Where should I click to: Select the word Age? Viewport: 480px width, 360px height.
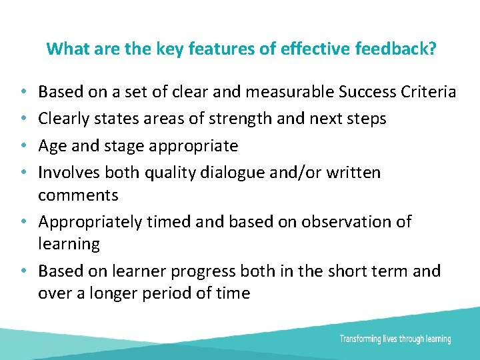[51, 145]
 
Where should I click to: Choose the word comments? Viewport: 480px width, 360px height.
[78, 195]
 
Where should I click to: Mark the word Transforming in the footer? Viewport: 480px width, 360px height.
[361, 339]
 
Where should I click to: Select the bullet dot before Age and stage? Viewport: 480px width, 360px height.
[23, 146]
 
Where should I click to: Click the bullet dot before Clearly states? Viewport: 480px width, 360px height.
[23, 119]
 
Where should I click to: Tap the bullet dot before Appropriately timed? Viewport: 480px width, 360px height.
[23, 222]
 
